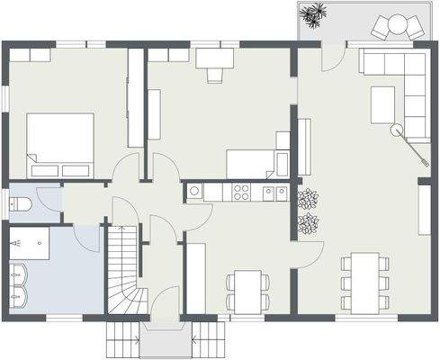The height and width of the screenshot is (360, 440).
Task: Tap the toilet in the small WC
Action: [x=21, y=205]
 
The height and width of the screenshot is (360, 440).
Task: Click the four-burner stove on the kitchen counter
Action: [x=241, y=192]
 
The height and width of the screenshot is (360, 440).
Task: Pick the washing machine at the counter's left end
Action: [x=193, y=192]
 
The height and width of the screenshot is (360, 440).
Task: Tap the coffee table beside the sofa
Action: [x=383, y=105]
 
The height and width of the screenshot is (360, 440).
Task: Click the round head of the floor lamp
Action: [x=395, y=130]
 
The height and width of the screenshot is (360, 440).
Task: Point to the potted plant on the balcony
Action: [x=314, y=14]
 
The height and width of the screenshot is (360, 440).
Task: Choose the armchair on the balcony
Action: [x=393, y=27]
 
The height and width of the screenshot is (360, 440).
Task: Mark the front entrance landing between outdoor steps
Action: [x=164, y=340]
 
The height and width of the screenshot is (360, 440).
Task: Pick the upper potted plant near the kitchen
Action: [x=308, y=199]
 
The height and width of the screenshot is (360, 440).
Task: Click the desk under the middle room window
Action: [x=213, y=58]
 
